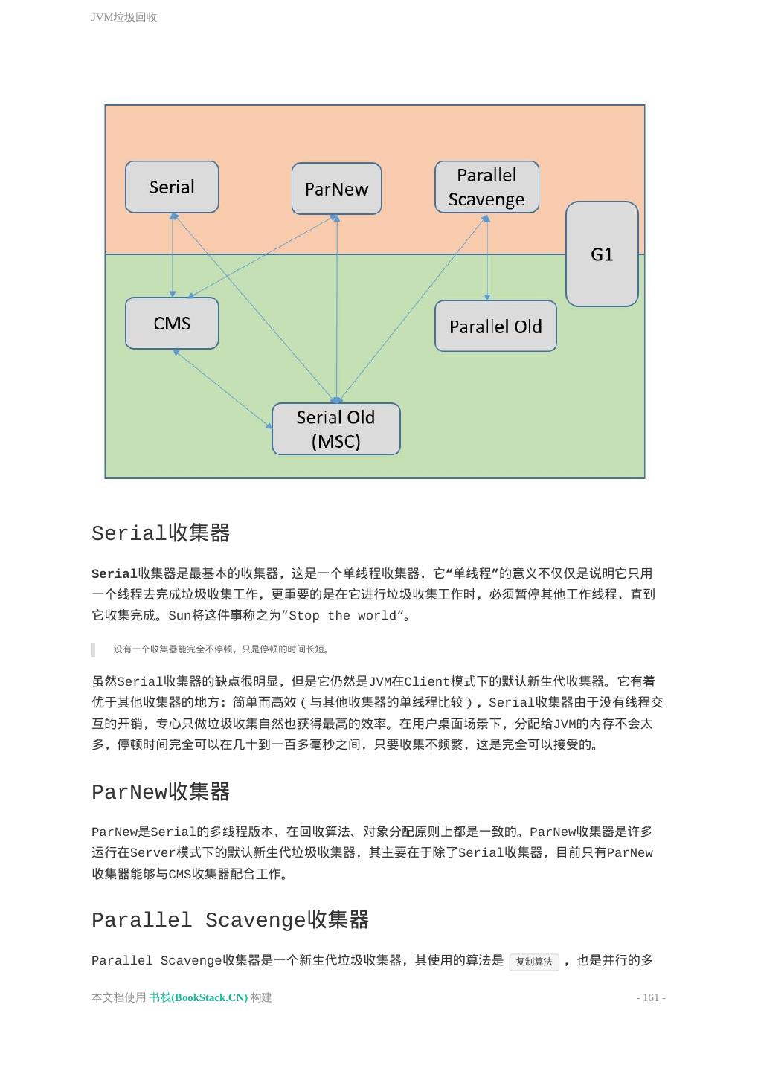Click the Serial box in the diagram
[x=172, y=187]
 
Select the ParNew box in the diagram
[x=336, y=190]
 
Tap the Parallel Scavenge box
[x=486, y=187]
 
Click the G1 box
[x=602, y=254]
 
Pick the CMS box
[x=172, y=324]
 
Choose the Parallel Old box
[x=495, y=327]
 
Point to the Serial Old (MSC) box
[x=335, y=429]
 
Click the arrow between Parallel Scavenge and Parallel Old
[x=487, y=257]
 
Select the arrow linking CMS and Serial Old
[x=222, y=389]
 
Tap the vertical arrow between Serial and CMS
[x=173, y=255]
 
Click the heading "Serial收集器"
[x=161, y=533]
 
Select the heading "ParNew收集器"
[x=161, y=792]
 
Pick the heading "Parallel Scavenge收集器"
[x=230, y=920]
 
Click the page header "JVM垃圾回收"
[x=124, y=17]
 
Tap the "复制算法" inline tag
[x=534, y=962]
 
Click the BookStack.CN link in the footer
[x=198, y=997]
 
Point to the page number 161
[x=651, y=997]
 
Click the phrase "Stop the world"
[x=342, y=616]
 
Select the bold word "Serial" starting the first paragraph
[x=114, y=574]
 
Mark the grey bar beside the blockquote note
[x=93, y=649]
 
